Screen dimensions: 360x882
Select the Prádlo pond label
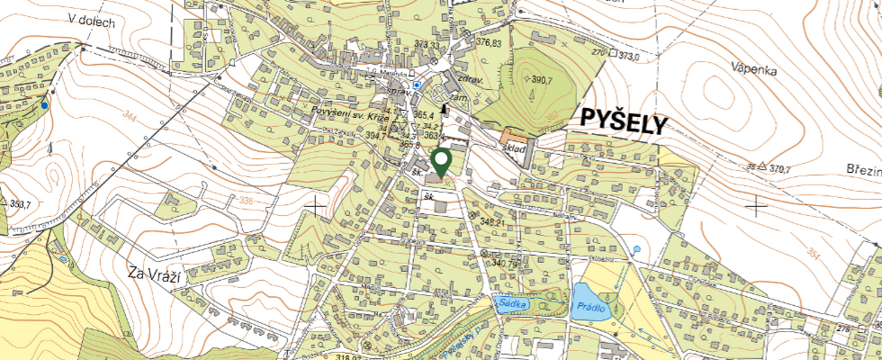point(590,308)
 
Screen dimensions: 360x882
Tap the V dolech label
point(92,21)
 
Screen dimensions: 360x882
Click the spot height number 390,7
point(541,80)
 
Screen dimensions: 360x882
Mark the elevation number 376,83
point(489,42)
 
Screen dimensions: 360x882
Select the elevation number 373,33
point(427,45)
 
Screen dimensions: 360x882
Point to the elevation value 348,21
point(497,220)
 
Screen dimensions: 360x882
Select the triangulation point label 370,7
point(779,168)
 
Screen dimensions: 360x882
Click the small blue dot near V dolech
point(44,105)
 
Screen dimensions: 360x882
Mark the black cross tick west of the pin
point(315,207)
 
